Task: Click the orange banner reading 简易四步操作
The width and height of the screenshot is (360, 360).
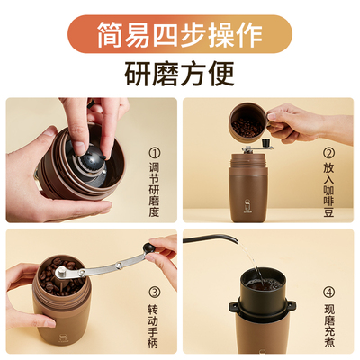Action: tap(180, 35)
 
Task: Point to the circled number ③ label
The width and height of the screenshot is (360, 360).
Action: tap(154, 292)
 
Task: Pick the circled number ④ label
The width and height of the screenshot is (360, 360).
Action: tap(329, 292)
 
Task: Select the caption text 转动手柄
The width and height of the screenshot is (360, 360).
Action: tap(154, 321)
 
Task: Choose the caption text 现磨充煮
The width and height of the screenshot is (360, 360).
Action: tap(329, 321)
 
